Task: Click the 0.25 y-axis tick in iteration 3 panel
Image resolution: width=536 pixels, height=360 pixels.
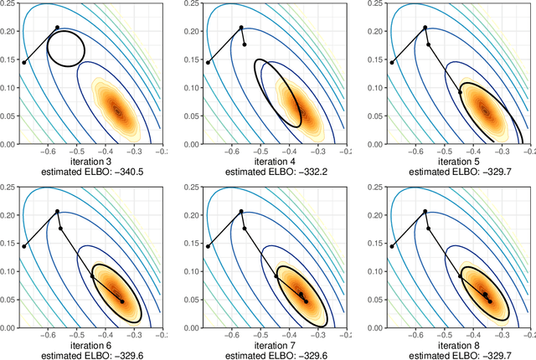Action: pyautogui.click(x=8, y=4)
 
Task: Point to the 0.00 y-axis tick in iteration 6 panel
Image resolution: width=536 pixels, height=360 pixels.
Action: pyautogui.click(x=8, y=327)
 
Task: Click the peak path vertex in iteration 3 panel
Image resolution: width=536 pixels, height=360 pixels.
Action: pyautogui.click(x=58, y=28)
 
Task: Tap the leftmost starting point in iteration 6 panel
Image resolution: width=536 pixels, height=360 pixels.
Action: pyautogui.click(x=23, y=245)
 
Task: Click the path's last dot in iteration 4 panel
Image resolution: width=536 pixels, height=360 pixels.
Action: pyautogui.click(x=245, y=44)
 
